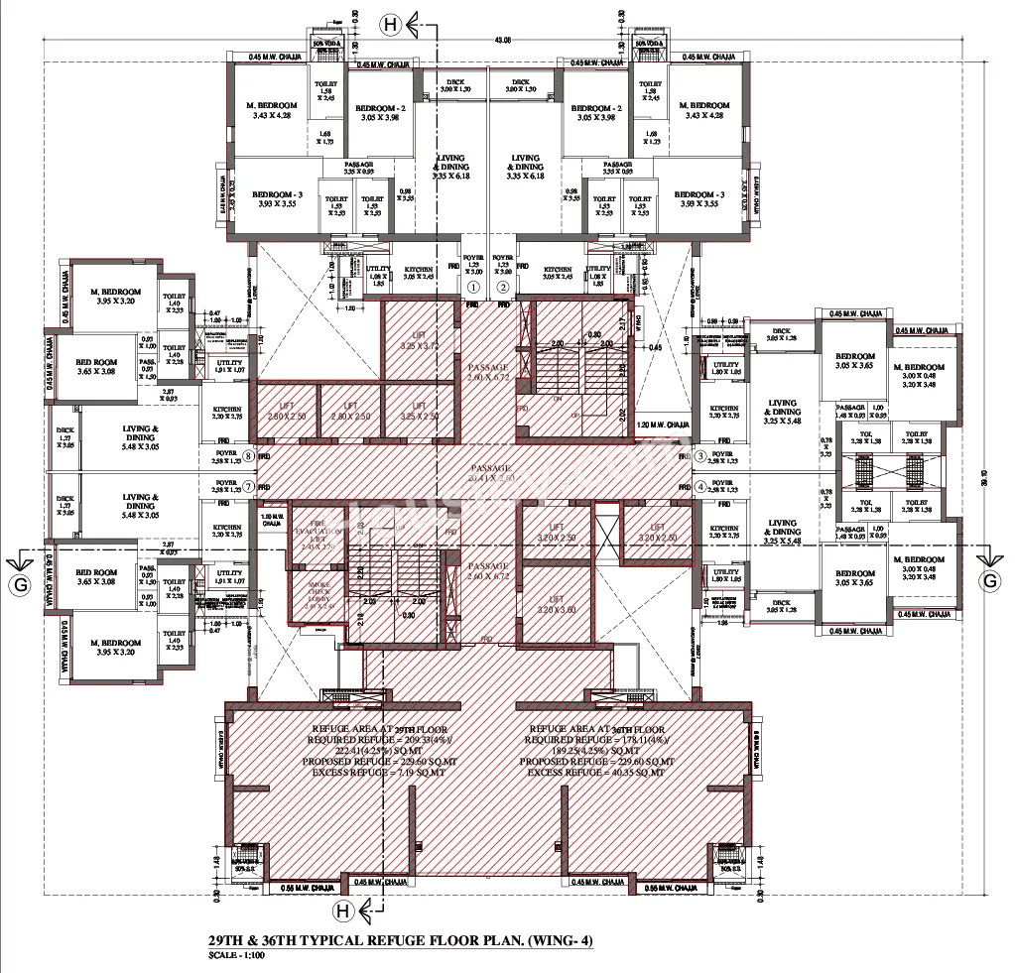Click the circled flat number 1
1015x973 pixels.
pyautogui.click(x=473, y=288)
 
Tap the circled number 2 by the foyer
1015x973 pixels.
pyautogui.click(x=503, y=288)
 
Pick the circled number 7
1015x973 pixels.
pyautogui.click(x=250, y=486)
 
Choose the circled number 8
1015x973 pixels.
pyautogui.click(x=250, y=457)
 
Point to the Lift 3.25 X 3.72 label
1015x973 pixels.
pyautogui.click(x=420, y=341)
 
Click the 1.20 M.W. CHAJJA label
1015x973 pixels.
pyautogui.click(x=663, y=424)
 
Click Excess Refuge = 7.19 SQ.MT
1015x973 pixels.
pyautogui.click(x=368, y=772)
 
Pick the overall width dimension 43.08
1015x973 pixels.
pyautogui.click(x=504, y=41)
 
